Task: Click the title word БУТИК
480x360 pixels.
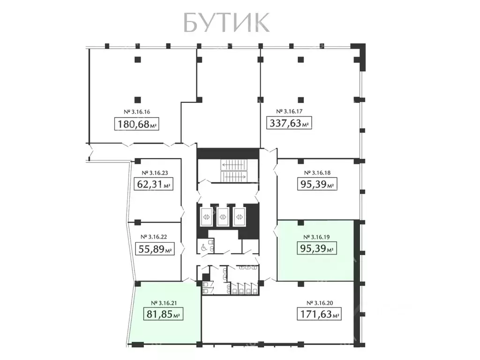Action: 226,22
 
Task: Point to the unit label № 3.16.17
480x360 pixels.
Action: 290,112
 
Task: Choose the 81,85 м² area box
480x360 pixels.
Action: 163,314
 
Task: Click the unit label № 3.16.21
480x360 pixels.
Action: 163,302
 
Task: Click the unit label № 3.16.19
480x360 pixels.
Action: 317,237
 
